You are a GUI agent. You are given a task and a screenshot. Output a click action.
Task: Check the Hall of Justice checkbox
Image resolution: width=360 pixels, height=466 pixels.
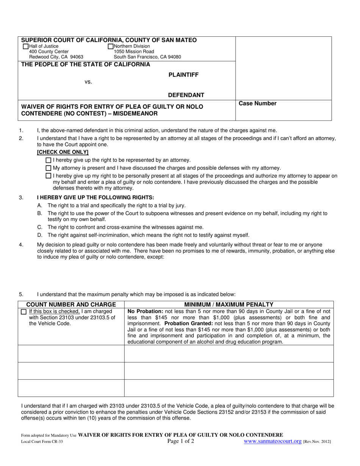coord(26,47)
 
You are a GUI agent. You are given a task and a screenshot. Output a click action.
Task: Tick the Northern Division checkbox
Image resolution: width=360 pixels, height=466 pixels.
coord(111,47)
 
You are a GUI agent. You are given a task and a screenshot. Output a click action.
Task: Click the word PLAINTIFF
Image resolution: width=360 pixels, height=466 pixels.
coord(183,75)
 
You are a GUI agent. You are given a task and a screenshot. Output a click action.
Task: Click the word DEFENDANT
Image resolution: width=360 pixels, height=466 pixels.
coord(186,95)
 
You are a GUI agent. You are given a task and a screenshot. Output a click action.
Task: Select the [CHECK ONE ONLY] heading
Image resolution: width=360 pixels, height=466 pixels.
coord(63,152)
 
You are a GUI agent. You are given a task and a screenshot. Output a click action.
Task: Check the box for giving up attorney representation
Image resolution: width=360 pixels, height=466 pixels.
coord(48,160)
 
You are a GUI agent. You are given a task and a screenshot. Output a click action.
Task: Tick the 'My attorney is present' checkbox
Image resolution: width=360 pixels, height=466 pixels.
coord(48,168)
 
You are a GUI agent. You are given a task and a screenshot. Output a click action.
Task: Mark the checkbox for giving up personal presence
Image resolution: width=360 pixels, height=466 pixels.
coord(48,176)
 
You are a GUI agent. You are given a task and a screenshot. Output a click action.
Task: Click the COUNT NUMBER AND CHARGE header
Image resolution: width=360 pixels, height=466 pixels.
coord(71,305)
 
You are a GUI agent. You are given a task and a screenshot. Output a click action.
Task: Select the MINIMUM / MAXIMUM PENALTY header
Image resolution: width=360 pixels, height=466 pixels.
coord(229,305)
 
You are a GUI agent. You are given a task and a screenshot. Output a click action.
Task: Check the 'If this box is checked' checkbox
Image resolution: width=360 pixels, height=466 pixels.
coord(24,312)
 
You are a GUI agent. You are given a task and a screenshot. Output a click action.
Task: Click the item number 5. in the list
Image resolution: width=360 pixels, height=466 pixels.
coord(21,294)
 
